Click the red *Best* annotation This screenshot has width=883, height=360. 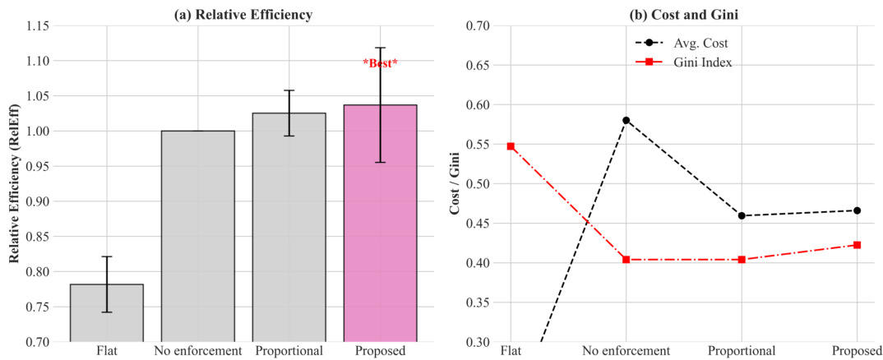(380, 63)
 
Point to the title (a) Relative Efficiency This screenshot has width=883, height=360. (243, 14)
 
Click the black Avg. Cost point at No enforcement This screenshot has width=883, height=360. (626, 120)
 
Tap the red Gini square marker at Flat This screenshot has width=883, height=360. (511, 146)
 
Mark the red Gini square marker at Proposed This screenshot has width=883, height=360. (857, 245)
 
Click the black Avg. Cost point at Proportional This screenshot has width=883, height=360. (742, 216)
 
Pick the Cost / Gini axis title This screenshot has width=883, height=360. (455, 183)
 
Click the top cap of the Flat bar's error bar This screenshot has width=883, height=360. (107, 256)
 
